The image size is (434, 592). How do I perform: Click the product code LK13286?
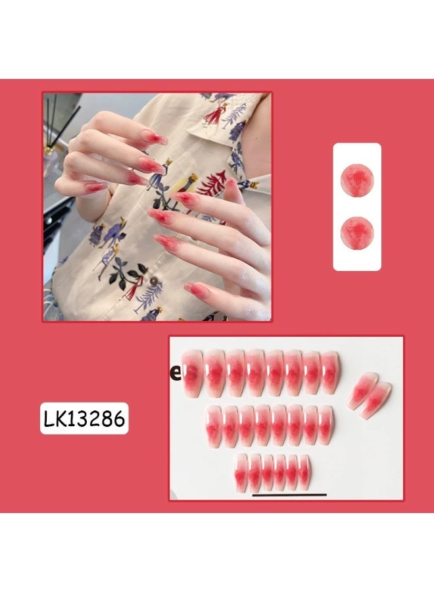84,418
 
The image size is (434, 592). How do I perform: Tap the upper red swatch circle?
357,179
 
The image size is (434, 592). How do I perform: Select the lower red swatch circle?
357,232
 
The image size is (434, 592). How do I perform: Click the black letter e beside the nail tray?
176,372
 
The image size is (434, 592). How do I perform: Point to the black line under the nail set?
289,495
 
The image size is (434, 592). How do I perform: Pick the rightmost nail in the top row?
331,372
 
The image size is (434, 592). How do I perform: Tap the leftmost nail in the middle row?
214,426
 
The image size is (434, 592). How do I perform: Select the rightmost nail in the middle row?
325,426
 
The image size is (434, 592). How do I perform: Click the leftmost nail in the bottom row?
242,472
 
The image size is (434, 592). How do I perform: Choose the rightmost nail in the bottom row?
304,472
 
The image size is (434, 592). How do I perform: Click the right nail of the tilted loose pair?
375,399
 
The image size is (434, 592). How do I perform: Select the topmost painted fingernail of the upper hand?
157,139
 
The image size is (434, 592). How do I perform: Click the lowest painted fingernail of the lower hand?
197,289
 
